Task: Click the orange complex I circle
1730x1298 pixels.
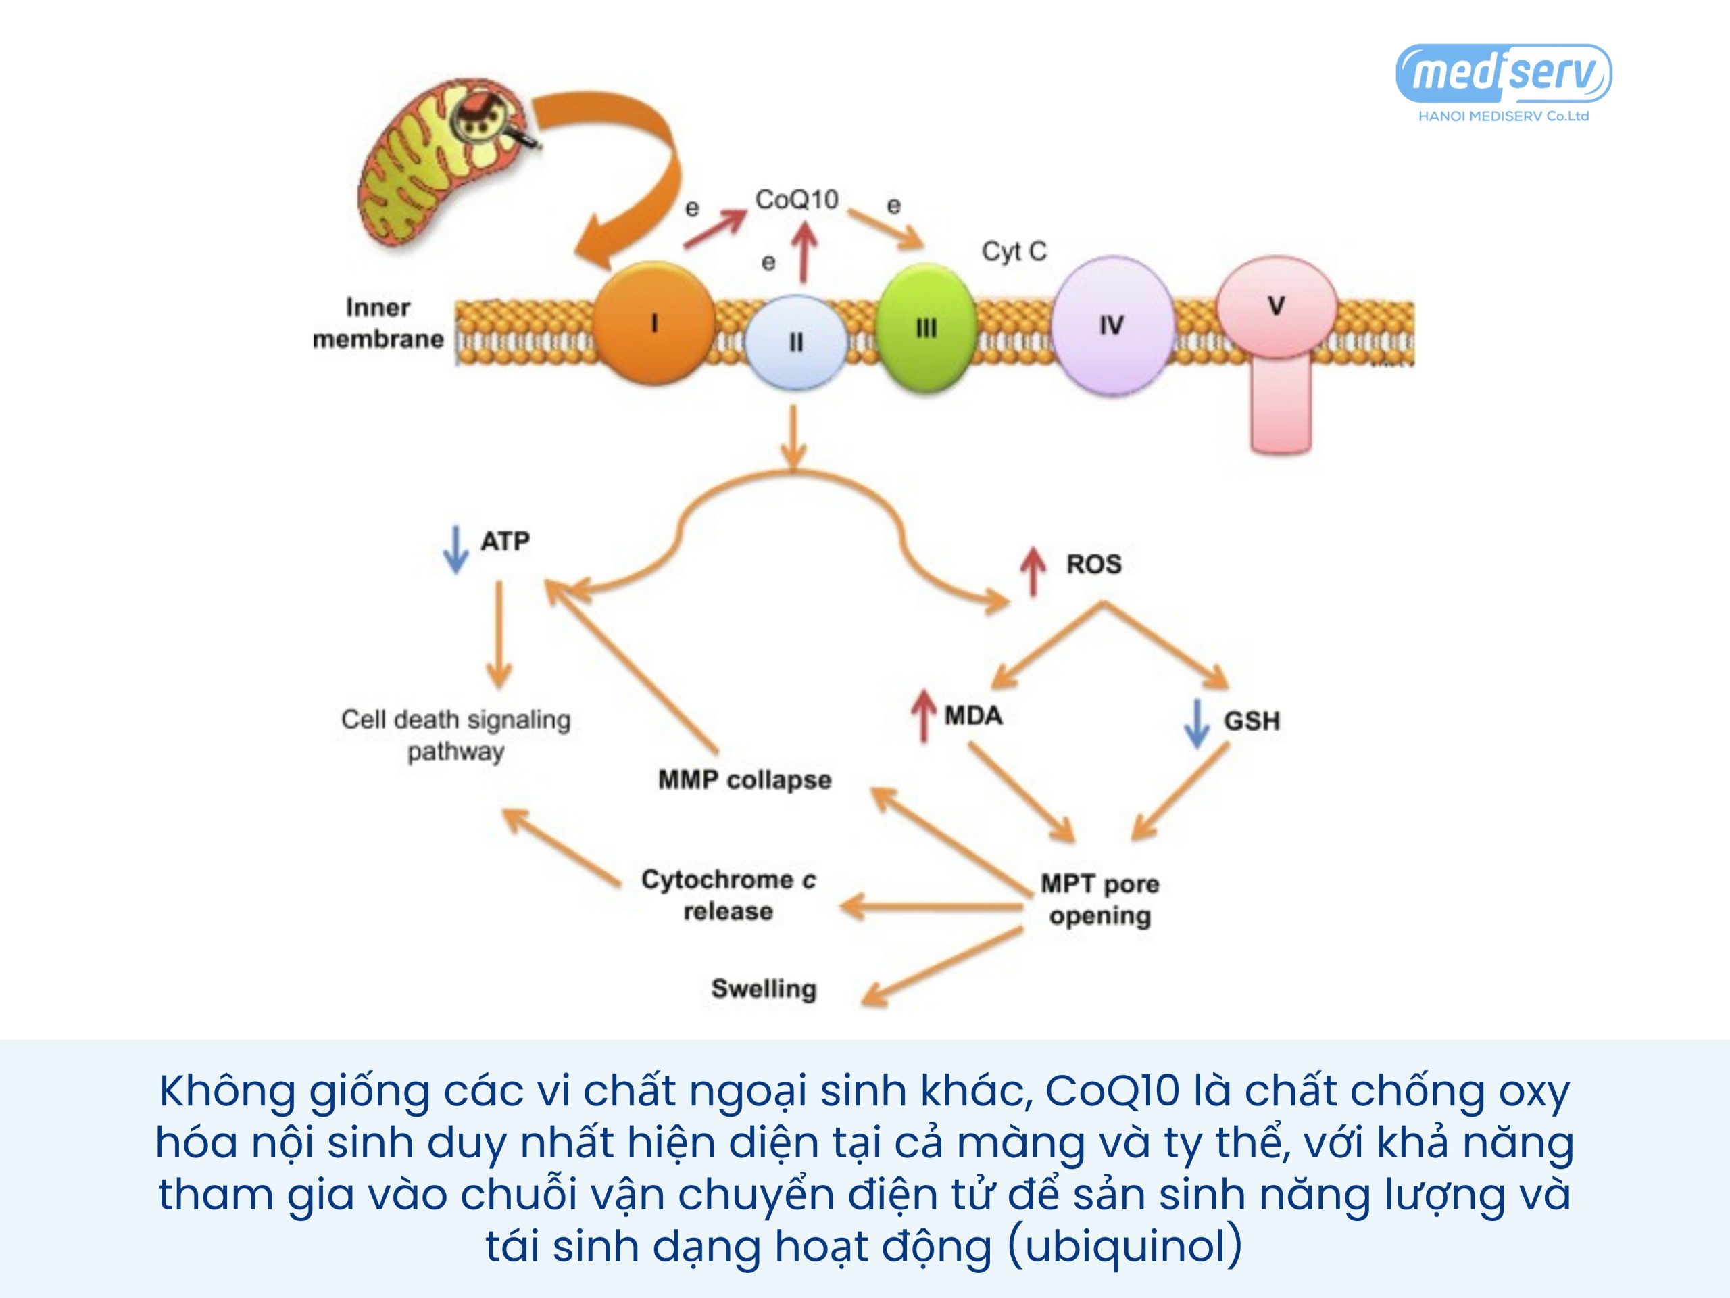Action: tap(654, 322)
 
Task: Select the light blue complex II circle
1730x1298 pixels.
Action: tap(795, 342)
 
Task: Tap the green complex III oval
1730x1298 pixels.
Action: tap(926, 328)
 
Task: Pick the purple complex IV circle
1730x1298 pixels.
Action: tap(1112, 325)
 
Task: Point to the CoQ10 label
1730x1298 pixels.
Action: tap(796, 199)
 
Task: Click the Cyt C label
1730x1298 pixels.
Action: tap(1014, 251)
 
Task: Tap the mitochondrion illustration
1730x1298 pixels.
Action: tap(438, 164)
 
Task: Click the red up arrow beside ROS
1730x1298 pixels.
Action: tap(1033, 570)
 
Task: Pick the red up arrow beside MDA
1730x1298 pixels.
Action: tap(924, 715)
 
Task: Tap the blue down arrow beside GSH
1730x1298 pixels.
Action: tap(1197, 724)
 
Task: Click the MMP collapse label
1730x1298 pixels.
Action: tap(745, 779)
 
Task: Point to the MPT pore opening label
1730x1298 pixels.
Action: tap(1099, 899)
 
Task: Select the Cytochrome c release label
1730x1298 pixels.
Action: tap(728, 895)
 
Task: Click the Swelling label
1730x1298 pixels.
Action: tap(764, 988)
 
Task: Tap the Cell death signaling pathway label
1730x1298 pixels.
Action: tap(456, 735)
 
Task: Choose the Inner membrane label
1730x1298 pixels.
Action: tap(378, 323)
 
